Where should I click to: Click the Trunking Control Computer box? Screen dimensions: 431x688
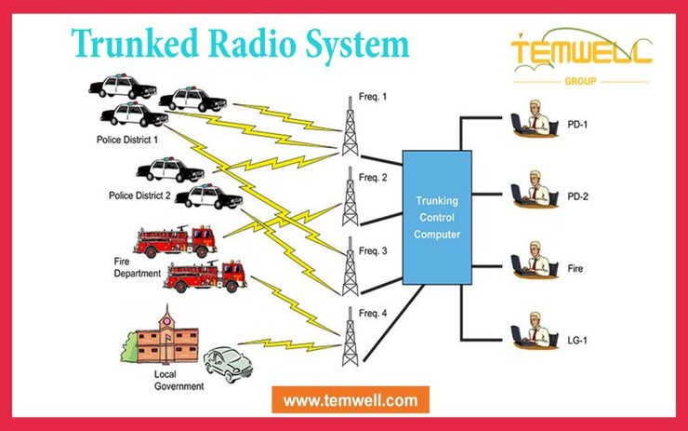(x=437, y=217)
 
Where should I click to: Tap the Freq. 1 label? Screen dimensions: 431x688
(x=373, y=97)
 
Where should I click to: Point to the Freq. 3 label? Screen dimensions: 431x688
(x=373, y=250)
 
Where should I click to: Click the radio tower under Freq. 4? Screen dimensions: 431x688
(x=350, y=336)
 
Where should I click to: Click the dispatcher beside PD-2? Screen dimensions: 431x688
(x=531, y=189)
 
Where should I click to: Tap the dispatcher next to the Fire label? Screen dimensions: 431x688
(x=531, y=261)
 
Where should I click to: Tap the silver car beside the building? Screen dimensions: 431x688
(x=227, y=365)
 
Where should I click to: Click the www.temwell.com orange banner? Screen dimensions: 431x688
(x=351, y=401)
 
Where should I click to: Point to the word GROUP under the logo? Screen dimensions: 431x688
(x=580, y=81)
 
